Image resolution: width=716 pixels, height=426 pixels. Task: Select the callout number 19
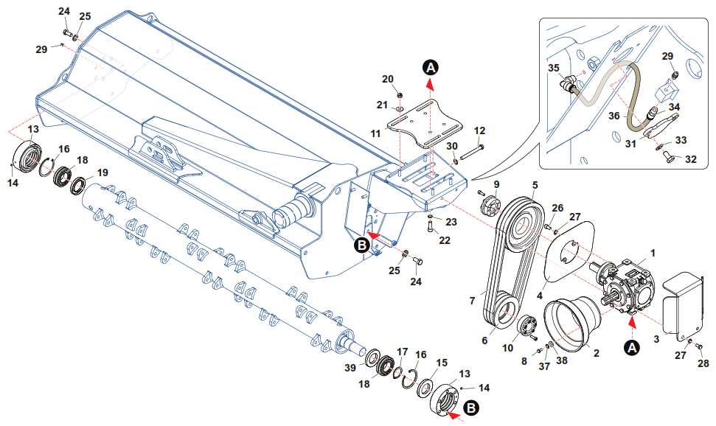(102, 172)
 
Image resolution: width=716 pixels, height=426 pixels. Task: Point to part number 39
(350, 367)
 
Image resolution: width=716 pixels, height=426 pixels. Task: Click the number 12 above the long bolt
(480, 130)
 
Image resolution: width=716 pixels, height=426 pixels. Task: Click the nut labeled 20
(398, 95)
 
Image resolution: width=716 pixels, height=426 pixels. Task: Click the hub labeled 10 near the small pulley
(529, 327)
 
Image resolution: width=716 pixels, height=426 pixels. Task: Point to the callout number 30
(451, 146)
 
